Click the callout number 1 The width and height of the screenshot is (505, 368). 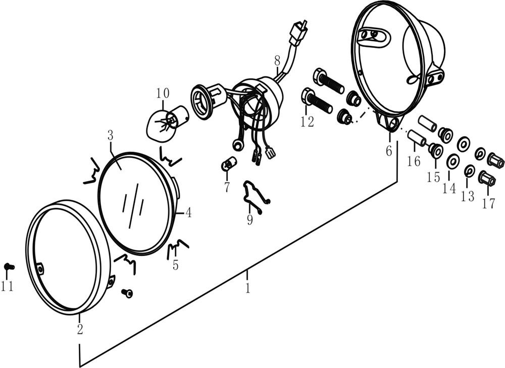pos(247,288)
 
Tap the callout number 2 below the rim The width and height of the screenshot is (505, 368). pos(80,329)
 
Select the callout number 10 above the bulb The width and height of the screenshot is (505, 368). pos(163,93)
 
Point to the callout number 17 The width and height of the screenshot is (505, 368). pos(488,203)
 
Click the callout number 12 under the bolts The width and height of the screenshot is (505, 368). pos(307,122)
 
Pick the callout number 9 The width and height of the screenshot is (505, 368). pos(250,220)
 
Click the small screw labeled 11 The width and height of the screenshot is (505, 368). pos(9,267)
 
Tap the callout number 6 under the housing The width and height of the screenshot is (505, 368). pos(389,150)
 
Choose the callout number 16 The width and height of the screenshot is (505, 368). pos(414,161)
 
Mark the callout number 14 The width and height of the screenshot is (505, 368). pos(449,188)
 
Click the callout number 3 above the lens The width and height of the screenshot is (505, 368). pos(111,135)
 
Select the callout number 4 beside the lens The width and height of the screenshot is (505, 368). pos(188,213)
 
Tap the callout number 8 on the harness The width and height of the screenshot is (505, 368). pos(277,60)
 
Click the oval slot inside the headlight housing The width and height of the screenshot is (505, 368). pos(374,37)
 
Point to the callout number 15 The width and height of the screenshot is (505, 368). pos(433,177)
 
